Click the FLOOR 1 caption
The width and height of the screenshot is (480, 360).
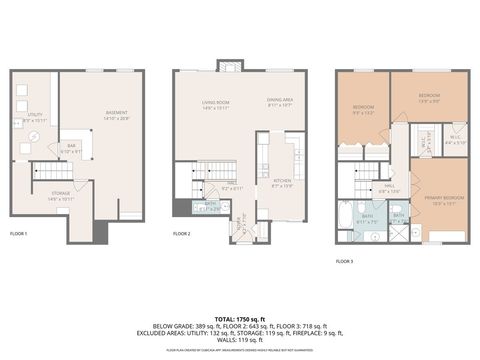[19, 233]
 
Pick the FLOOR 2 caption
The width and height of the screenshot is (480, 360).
[182, 233]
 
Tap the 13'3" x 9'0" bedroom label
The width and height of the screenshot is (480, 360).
[429, 98]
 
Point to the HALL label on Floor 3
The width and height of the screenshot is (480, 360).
[388, 186]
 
